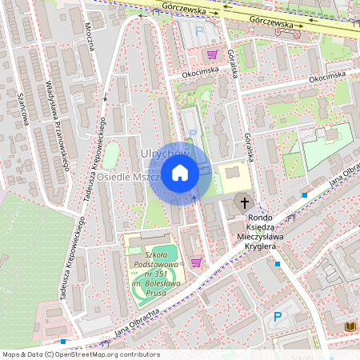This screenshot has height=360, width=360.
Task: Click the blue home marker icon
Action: click(x=180, y=173)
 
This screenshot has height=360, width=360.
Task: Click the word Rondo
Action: click(x=261, y=218)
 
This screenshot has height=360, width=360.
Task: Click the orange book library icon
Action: click(x=350, y=326)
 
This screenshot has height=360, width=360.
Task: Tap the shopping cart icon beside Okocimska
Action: click(x=212, y=54)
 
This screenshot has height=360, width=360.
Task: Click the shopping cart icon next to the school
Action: click(x=196, y=262)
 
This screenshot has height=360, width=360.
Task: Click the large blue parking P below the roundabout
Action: click(x=278, y=317)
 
